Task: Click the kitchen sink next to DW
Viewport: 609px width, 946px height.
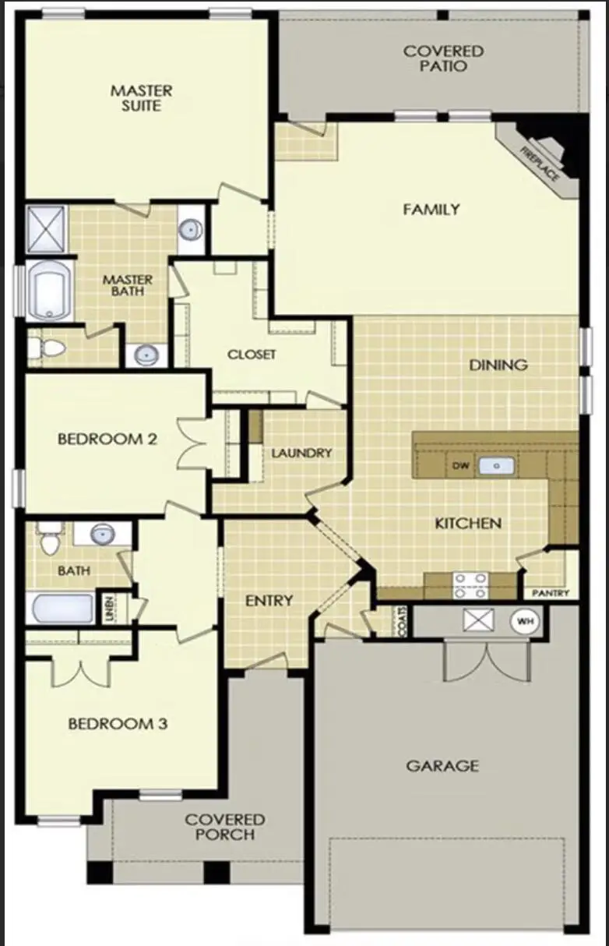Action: (495, 466)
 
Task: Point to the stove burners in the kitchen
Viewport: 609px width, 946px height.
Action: (470, 584)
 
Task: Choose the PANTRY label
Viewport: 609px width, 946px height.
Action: (551, 593)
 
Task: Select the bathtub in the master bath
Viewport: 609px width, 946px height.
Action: (50, 290)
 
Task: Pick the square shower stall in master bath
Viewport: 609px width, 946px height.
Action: (48, 229)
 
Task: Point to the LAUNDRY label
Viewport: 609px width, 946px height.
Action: (301, 453)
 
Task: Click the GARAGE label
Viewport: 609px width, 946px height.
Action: (442, 766)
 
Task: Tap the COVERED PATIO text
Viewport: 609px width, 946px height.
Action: (443, 58)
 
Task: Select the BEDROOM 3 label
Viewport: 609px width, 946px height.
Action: (118, 724)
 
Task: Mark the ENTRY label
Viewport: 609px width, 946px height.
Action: (269, 600)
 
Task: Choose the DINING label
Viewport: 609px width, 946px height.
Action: (498, 365)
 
